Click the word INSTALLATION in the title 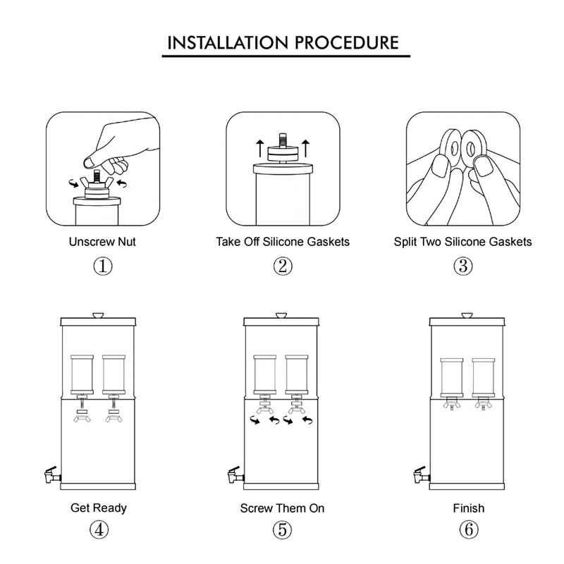pos(228,43)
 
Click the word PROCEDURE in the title pos(347,43)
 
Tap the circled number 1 pos(103,266)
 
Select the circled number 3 pos(463,266)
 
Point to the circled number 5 pos(283,530)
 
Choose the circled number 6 pos(469,530)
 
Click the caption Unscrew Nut pos(102,242)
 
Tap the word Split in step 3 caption pos(405,242)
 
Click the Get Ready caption pos(99,508)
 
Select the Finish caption pos(469,508)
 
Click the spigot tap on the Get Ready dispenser pos(52,474)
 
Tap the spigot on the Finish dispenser pos(422,474)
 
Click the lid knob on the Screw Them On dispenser pos(281,315)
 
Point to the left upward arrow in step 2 pos(259,148)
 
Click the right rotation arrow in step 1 pos(122,183)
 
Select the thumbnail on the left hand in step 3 pos(441,166)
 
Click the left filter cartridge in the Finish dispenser pos(452,377)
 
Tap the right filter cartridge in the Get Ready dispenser pos(114,374)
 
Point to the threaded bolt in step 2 pos(283,140)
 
